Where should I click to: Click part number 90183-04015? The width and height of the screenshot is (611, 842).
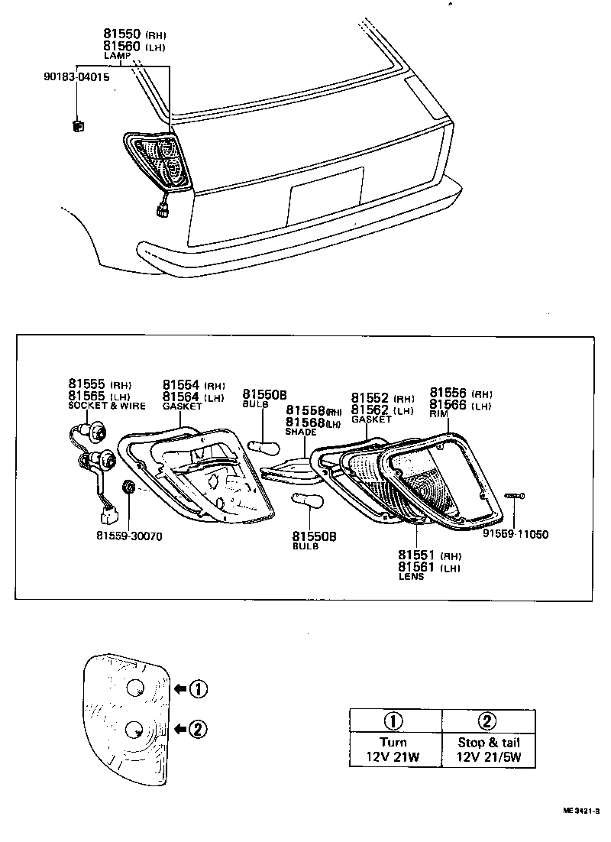[76, 77]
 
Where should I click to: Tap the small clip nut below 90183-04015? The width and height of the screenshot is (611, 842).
[76, 126]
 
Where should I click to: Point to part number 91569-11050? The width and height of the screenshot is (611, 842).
[516, 534]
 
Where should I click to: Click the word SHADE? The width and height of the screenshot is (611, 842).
[300, 432]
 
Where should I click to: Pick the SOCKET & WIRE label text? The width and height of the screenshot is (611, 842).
[106, 406]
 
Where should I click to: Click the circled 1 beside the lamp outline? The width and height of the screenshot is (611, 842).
[197, 689]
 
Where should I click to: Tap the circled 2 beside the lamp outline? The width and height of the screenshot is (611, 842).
[197, 729]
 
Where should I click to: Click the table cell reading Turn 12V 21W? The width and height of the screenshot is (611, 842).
[395, 750]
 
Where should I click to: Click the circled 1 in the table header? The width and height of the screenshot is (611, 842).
[395, 721]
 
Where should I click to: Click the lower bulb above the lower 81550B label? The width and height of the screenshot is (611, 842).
[311, 502]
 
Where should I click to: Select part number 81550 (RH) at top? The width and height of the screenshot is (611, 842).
[134, 35]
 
